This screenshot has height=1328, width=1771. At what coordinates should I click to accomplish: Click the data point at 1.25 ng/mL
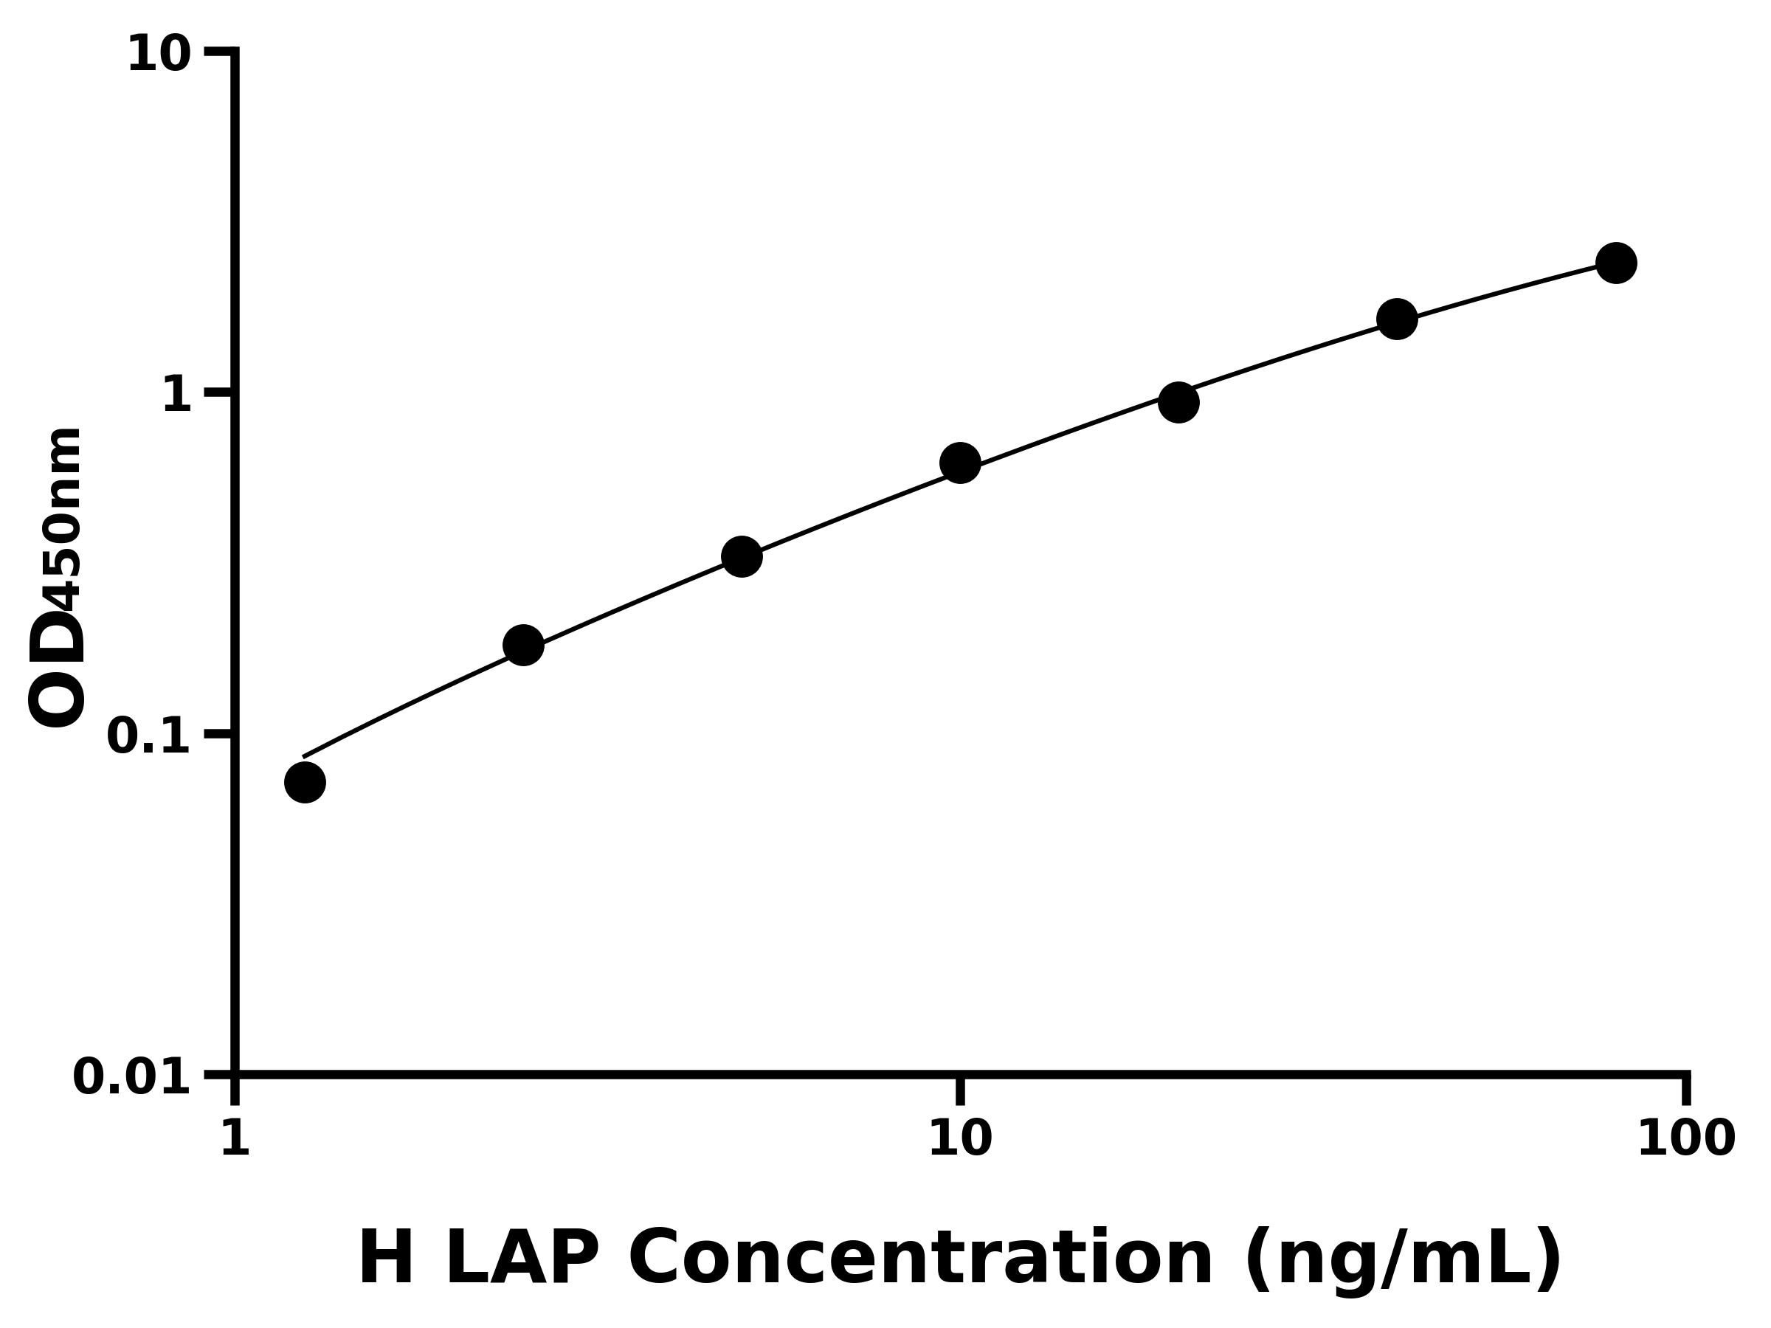305,782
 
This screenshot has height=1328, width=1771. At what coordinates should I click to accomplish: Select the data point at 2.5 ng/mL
524,646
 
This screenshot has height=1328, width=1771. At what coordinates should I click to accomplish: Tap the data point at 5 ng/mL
742,556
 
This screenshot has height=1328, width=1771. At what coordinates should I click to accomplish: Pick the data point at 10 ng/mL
960,463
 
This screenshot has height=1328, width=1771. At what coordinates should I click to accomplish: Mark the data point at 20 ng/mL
1178,402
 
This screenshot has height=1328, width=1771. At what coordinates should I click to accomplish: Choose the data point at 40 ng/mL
1397,319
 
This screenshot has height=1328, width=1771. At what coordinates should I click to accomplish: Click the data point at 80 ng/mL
1617,263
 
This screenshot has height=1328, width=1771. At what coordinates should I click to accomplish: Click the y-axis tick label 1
177,395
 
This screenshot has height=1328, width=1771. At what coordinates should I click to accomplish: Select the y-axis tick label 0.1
149,736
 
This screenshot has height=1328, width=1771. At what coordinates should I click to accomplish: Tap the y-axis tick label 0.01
132,1077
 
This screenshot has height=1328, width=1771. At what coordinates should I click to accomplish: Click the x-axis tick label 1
235,1139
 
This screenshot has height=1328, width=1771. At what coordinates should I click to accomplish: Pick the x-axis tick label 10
960,1139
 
